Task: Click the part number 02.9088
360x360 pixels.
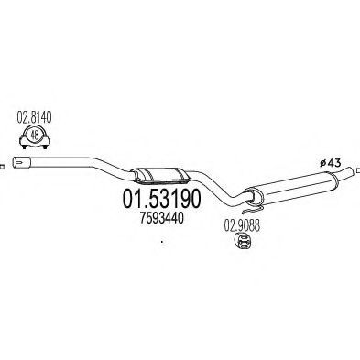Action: (x=241, y=222)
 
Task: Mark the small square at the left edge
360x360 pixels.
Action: (x=2, y=166)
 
